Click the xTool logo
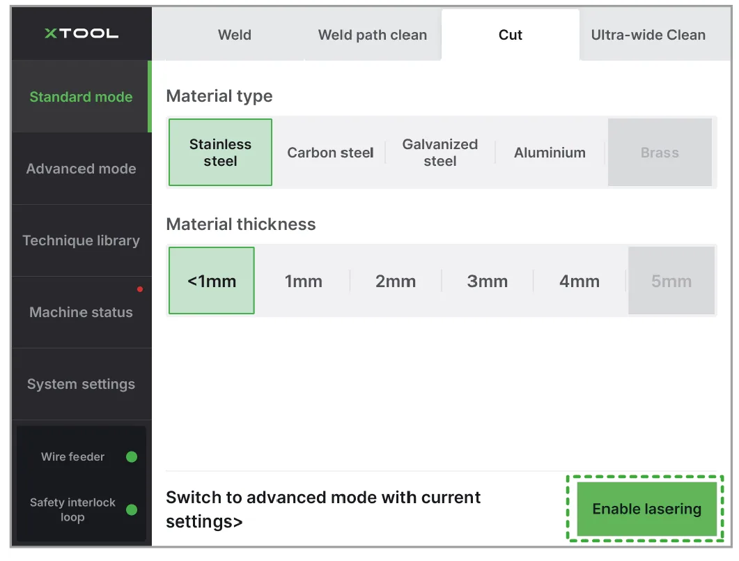81,33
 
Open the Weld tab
234,35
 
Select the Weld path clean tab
373,35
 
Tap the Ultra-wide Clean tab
648,35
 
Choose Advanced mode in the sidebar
81,169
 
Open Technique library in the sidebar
81,240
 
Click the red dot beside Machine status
140,289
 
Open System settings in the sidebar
81,384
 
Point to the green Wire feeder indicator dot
132,457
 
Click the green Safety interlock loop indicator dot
132,509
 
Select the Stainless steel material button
220,152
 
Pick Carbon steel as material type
330,152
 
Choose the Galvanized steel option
439,152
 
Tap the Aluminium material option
550,152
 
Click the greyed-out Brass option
660,152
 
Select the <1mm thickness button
212,280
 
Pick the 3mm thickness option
488,281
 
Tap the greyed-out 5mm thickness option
671,281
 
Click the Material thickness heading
241,224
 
